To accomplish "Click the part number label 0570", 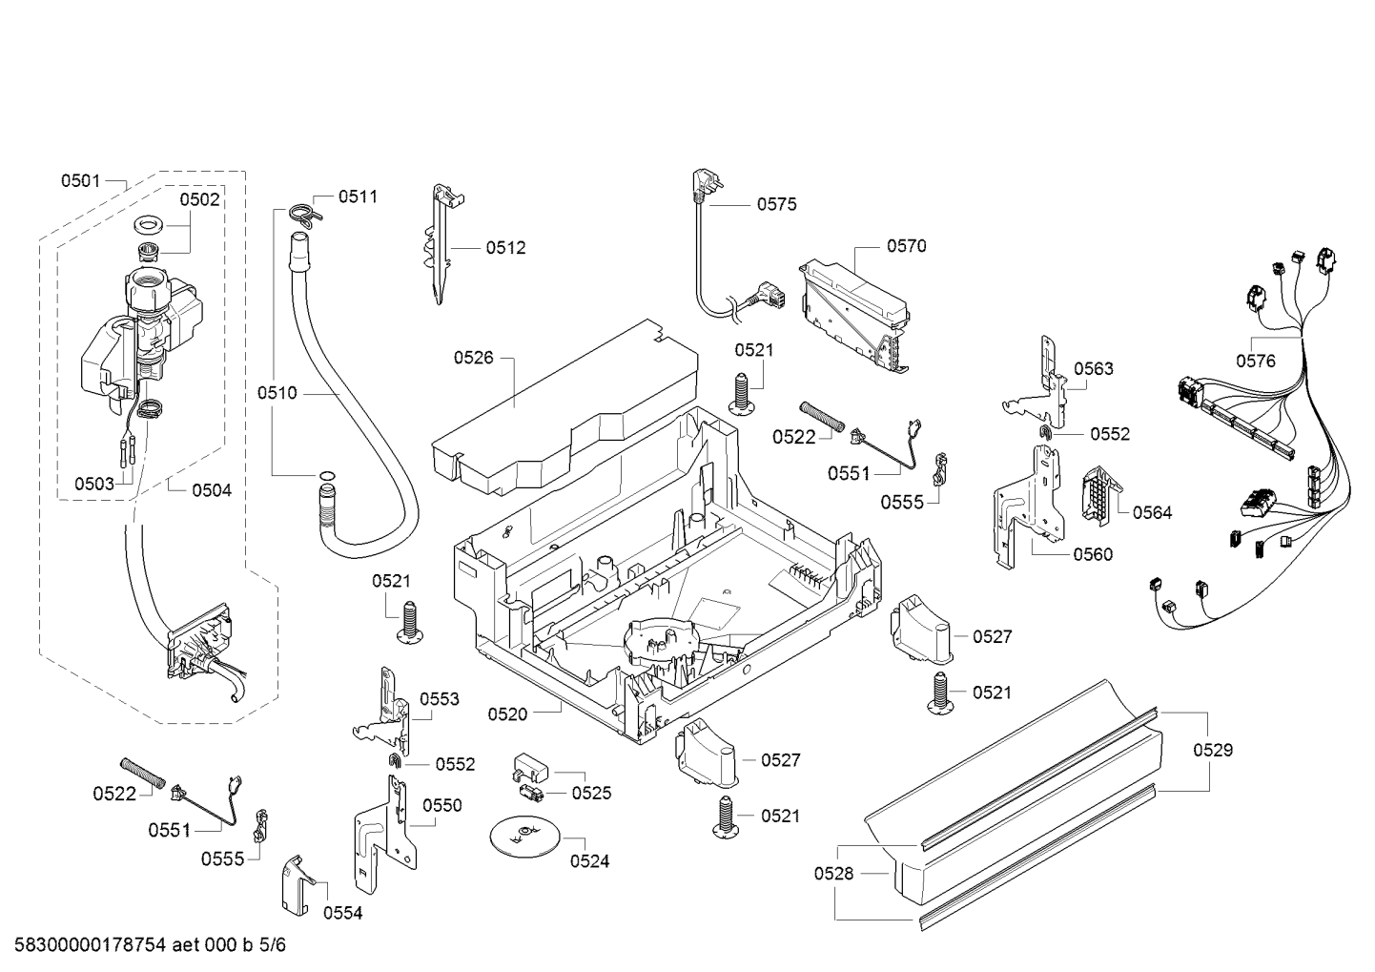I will coord(906,246).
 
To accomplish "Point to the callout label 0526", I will coord(473,358).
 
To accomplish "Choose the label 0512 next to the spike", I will coord(505,248).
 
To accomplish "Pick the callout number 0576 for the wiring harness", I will coord(1256,360).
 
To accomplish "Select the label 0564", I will coord(1152,512).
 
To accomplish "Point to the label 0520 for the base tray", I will coord(507,713).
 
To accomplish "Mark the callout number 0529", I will coord(1213,750).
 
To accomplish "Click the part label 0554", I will coord(342,913).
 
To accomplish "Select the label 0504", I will coord(212,490).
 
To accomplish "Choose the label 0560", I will coord(1093,554).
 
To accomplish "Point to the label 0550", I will coord(441,805).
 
